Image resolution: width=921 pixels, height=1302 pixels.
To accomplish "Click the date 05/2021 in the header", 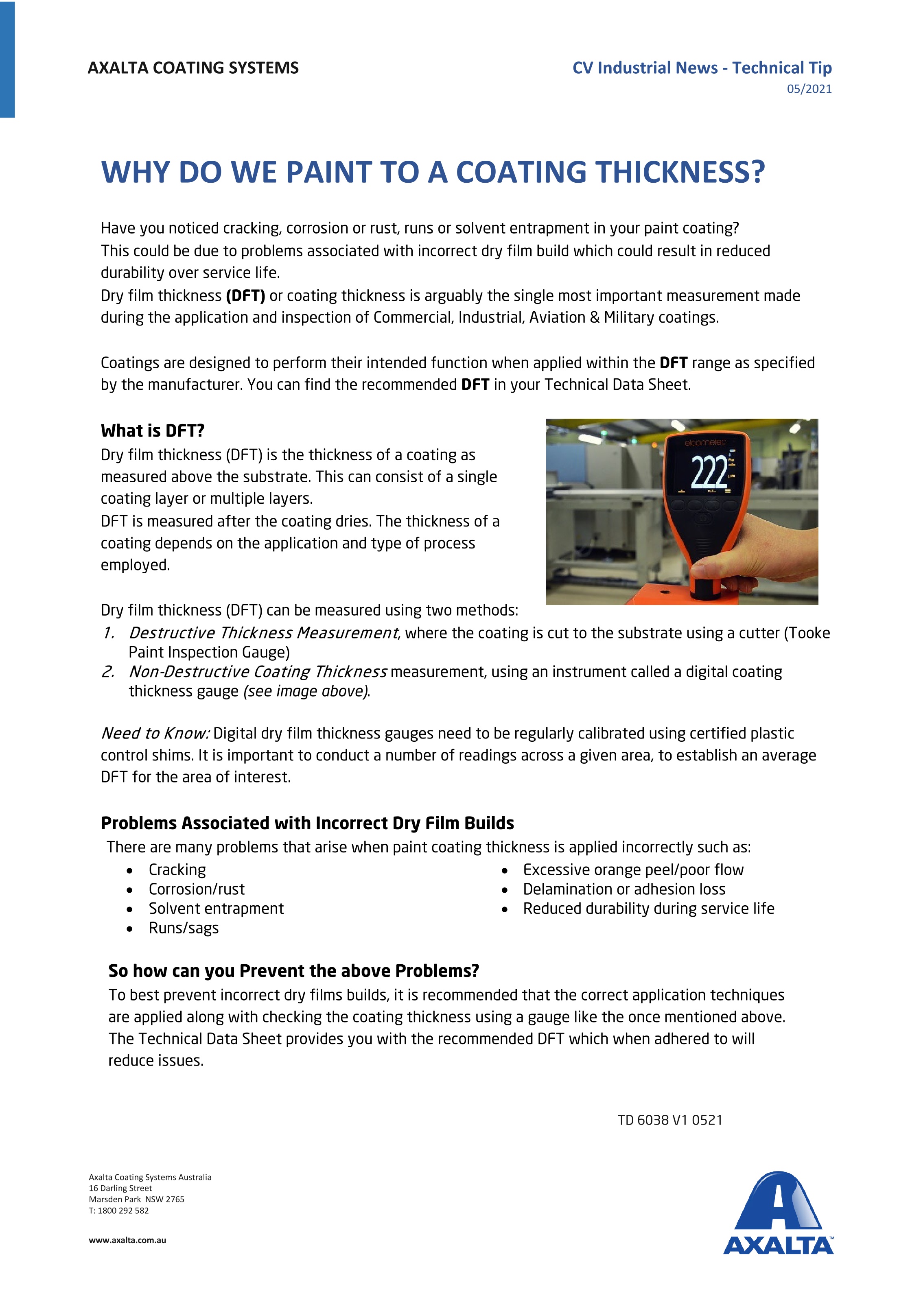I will click(x=809, y=89).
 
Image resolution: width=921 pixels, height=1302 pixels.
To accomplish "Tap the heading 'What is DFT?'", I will click(x=153, y=431).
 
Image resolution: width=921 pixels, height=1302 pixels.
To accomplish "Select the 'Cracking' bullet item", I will click(x=177, y=870).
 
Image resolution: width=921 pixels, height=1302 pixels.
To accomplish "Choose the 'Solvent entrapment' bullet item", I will click(x=216, y=909).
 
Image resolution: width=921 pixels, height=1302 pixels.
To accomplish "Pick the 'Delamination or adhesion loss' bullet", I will click(x=624, y=889).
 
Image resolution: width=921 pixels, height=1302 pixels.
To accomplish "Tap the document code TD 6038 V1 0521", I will click(x=670, y=1120).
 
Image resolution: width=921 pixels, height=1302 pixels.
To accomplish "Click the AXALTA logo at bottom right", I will click(x=778, y=1214).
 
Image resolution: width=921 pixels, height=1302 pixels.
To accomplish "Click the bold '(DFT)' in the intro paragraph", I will click(x=245, y=296).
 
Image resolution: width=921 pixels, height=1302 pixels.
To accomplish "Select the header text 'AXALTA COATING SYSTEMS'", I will click(x=193, y=68).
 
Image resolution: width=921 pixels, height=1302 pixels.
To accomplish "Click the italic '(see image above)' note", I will click(x=306, y=691).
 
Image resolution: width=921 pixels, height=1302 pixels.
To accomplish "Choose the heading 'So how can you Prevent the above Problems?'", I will click(x=294, y=971).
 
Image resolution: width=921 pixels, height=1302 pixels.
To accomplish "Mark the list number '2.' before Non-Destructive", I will click(x=108, y=672).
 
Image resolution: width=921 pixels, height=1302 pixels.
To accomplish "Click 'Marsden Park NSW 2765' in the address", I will click(x=137, y=1199).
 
